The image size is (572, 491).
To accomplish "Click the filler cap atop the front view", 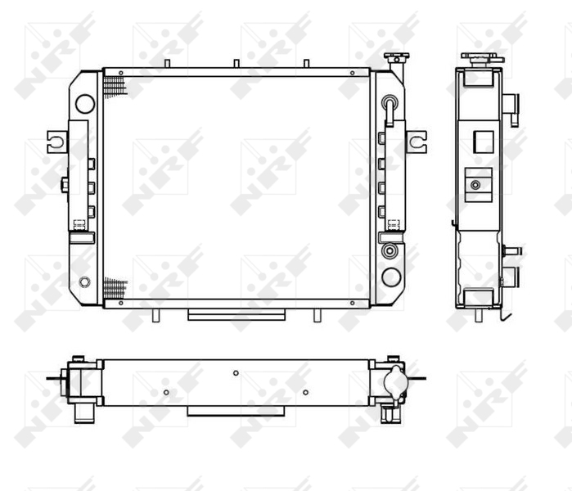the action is (396, 57).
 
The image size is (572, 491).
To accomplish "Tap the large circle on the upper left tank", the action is (85, 104).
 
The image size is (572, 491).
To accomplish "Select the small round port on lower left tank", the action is (84, 282).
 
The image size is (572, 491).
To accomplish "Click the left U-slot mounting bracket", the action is (56, 142).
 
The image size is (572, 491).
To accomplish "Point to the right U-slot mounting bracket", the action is (417, 142).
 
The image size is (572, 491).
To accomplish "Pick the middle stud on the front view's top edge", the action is (236, 64).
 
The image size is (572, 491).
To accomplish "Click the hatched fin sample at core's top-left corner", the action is (115, 88).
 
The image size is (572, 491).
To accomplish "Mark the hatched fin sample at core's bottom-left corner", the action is (115, 288).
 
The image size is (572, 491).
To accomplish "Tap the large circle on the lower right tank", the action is (391, 277).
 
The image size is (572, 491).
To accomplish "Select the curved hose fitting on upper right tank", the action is (390, 110).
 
